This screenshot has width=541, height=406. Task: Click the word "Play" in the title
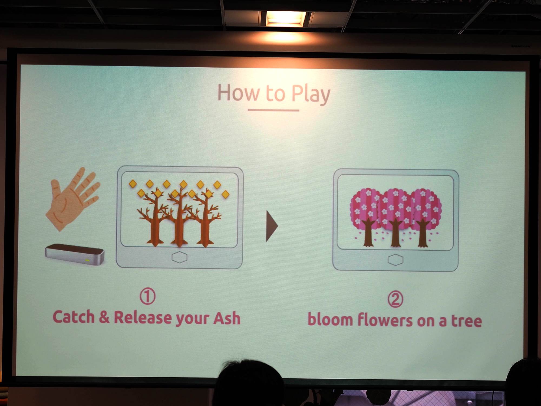pyautogui.click(x=311, y=94)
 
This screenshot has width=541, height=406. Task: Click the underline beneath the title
pyautogui.click(x=273, y=110)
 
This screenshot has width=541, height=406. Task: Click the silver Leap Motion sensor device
pyautogui.click(x=75, y=254)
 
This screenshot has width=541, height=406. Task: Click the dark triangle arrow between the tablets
pyautogui.click(x=272, y=226)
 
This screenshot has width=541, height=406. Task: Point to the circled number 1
pyautogui.click(x=148, y=296)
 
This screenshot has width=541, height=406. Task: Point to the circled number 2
pyautogui.click(x=395, y=299)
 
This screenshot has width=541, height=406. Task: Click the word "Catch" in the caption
pyautogui.click(x=74, y=317)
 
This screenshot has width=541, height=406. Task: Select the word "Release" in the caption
pyautogui.click(x=143, y=317)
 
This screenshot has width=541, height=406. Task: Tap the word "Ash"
pyautogui.click(x=227, y=318)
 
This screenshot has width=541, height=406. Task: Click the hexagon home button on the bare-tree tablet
pyautogui.click(x=179, y=257)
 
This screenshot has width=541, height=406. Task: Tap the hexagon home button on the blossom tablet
pyautogui.click(x=395, y=260)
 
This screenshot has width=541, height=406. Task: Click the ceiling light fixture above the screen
pyautogui.click(x=286, y=18)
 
